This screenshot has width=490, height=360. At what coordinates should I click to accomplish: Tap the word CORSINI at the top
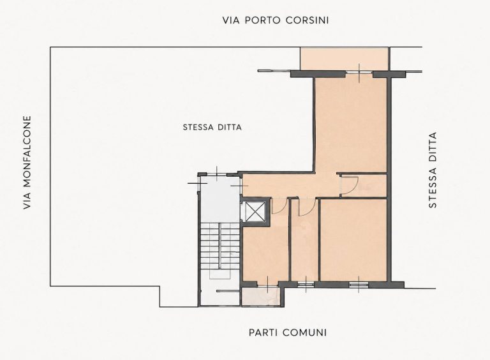pos(307,20)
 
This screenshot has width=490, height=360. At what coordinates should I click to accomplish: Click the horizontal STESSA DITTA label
pos(212,128)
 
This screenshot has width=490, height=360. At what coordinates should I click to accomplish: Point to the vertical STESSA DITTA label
pos(433,170)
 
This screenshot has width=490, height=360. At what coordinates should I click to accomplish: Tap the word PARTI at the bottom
pos(264,333)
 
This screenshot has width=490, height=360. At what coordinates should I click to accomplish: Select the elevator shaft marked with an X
pos(256,211)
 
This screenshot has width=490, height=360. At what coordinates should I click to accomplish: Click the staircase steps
pos(219,245)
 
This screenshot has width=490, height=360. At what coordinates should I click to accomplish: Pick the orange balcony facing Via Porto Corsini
pos(344,59)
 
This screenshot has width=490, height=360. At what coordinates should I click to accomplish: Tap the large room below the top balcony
pos(351,124)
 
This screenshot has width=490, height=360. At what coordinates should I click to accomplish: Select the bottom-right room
pos(353,240)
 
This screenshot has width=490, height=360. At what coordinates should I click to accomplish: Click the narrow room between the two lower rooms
pos(305,240)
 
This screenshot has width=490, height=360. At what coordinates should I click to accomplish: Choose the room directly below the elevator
pos(265,253)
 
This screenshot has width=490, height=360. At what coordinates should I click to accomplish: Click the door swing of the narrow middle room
pos(306,207)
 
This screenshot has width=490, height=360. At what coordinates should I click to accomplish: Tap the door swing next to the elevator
pos(279,206)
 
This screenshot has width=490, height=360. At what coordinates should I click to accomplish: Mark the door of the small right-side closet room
pos(350,186)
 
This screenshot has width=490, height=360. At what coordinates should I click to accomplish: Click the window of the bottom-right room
pos(359,284)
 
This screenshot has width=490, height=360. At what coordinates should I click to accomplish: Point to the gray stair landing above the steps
pos(219,199)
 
